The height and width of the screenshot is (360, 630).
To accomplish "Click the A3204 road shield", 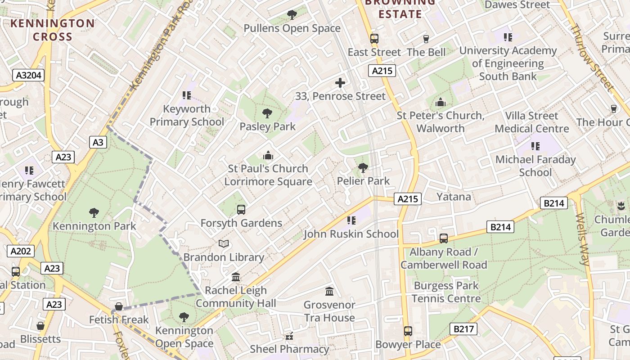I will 28,75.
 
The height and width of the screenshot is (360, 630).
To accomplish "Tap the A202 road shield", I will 21,251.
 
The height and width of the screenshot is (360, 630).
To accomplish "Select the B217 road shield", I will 463,329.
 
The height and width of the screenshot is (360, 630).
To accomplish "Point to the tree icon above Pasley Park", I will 267,113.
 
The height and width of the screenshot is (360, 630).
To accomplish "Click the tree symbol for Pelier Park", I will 363,168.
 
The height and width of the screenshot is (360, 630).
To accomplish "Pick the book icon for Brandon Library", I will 224,244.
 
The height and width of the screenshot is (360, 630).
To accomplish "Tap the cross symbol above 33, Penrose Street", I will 340,83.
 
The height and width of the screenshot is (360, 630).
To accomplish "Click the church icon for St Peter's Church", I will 440,103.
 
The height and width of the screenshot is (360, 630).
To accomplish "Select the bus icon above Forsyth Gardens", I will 241,209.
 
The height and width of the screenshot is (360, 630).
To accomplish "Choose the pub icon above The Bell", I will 426,39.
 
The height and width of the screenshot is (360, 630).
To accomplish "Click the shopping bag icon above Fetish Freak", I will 119,307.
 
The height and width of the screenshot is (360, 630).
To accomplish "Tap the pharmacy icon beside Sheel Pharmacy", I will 289,336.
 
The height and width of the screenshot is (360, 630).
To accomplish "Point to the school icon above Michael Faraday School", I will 535,146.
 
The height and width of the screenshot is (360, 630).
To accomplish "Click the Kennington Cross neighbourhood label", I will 53,30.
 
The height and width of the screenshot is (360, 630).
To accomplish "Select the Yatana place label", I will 454,197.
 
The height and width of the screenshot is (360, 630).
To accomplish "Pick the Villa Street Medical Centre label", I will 531,122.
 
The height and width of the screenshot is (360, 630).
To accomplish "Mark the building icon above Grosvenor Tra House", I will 329,292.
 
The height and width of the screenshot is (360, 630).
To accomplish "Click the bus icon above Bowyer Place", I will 408,331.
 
